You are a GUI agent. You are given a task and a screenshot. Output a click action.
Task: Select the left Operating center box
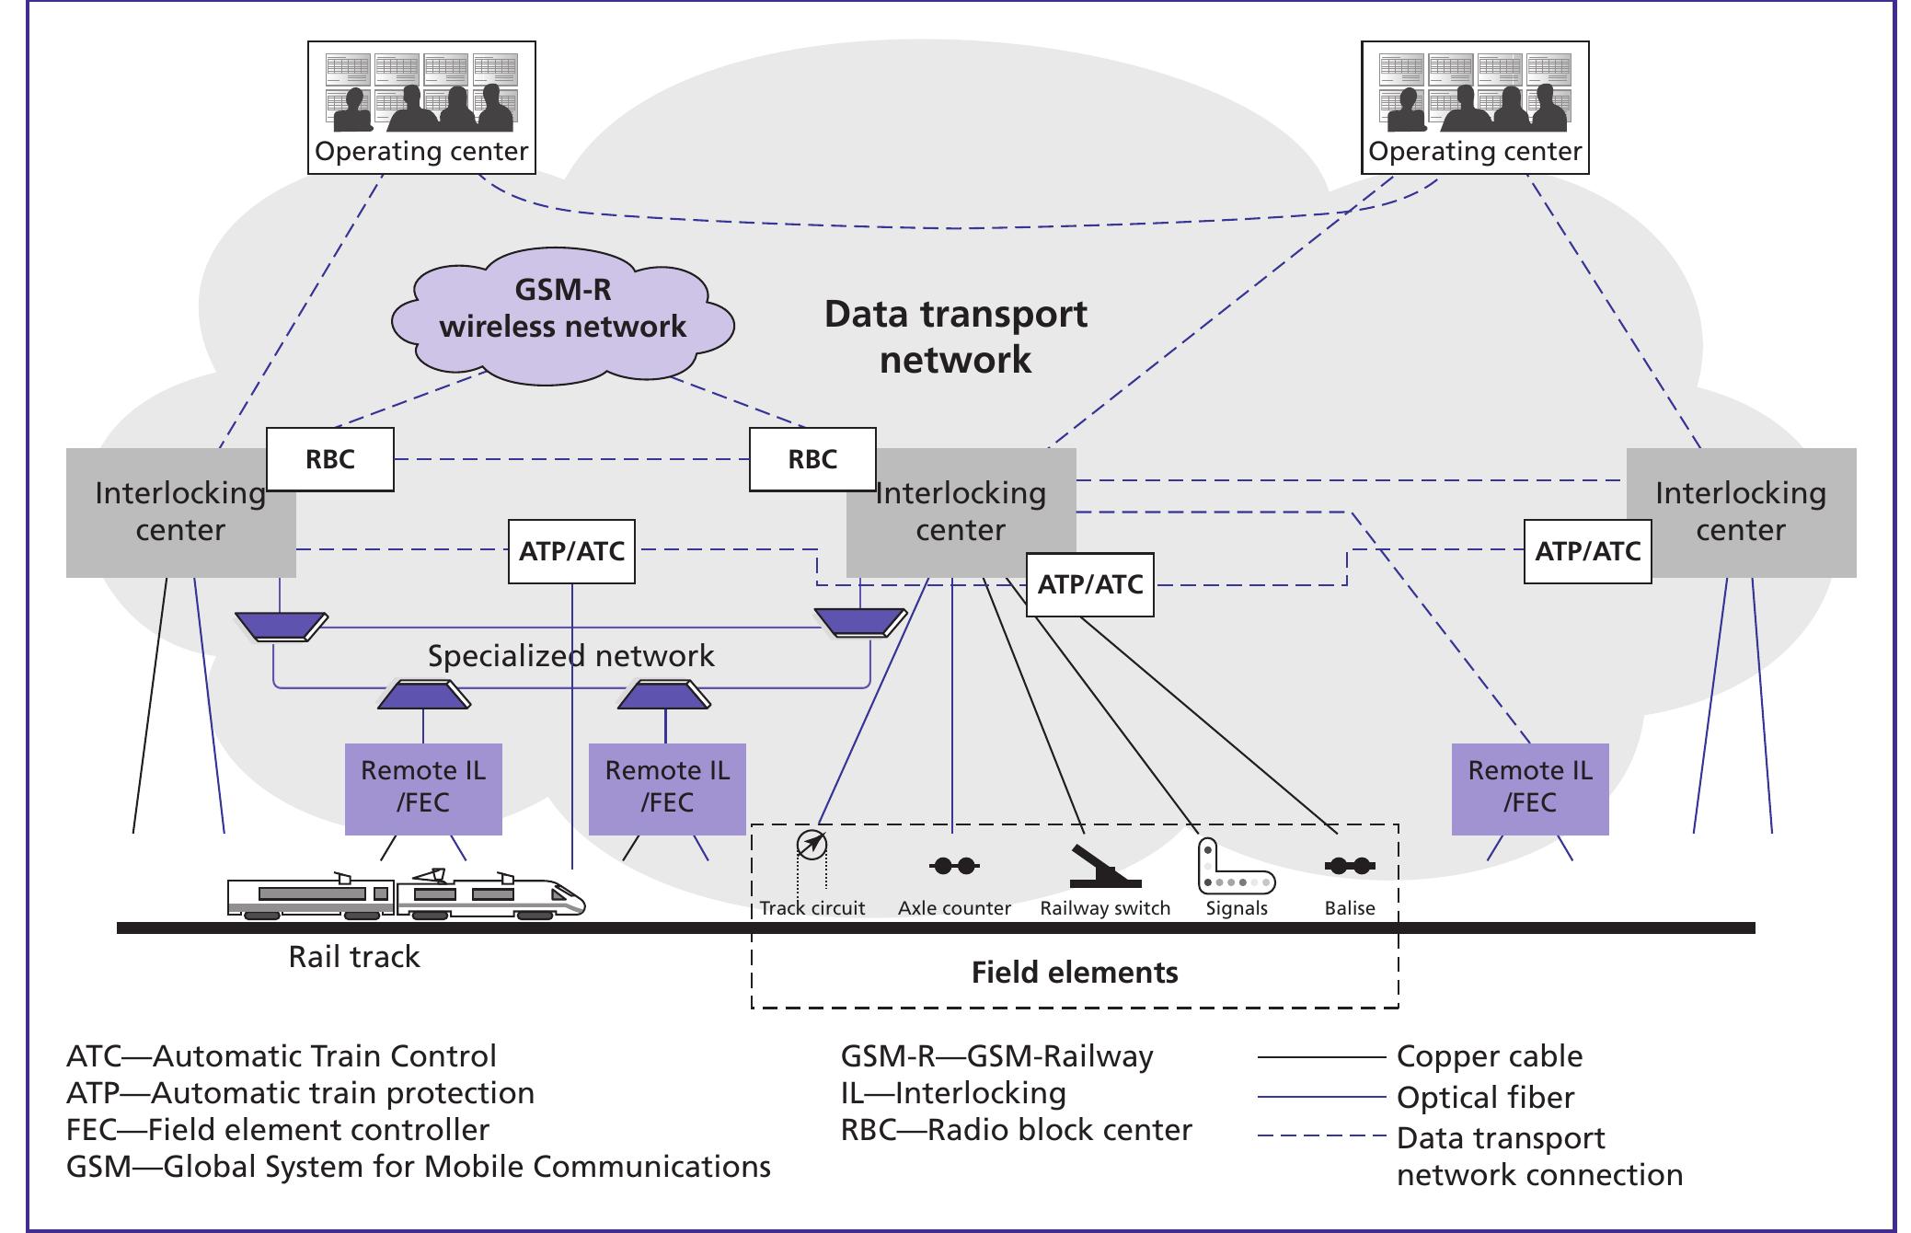421,107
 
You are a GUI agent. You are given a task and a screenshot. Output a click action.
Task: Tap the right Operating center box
1474,107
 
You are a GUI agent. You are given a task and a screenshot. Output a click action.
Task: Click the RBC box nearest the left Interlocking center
330,459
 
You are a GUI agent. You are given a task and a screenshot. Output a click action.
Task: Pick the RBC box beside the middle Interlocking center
812,459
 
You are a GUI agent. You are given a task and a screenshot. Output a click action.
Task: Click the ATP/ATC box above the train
571,551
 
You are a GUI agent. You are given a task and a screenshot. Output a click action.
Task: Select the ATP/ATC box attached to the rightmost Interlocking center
1587,551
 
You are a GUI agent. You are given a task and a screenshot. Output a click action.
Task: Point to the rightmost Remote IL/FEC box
1529,789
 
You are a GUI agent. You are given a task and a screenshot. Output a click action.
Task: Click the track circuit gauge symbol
812,845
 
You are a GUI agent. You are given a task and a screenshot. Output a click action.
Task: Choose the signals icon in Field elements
1235,868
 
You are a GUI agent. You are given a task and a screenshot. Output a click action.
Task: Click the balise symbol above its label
1350,866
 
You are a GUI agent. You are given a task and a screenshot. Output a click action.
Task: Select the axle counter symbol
954,866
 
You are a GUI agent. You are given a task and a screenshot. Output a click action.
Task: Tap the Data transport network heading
955,336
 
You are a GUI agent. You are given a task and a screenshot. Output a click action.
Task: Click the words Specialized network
570,656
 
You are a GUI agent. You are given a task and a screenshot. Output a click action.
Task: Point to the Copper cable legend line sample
1320,1057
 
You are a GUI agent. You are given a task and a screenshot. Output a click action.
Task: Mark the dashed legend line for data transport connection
1320,1137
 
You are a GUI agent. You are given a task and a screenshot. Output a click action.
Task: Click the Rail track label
354,957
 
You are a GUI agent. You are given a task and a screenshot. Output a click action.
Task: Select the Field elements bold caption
1075,973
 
